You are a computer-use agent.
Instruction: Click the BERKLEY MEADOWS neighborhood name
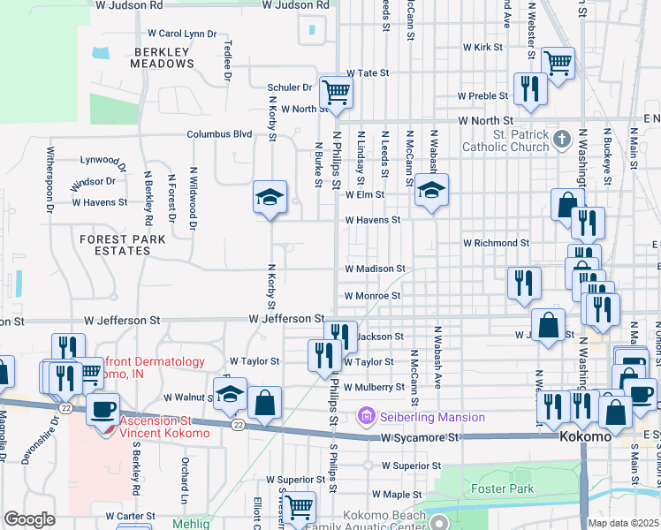tap(162, 57)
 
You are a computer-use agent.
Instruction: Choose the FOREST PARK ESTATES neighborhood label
tap(116, 245)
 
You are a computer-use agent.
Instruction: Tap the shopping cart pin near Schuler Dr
tap(336, 90)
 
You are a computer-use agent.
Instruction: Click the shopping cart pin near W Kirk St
tap(558, 63)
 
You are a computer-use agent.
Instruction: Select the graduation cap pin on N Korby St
tap(270, 196)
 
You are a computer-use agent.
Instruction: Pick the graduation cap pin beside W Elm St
tap(431, 191)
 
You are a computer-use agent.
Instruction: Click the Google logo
tap(29, 519)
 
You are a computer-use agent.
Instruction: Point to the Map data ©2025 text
tap(623, 523)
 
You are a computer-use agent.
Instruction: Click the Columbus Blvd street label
tap(219, 134)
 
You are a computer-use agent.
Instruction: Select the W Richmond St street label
tap(496, 243)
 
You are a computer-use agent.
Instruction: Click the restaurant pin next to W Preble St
tap(529, 88)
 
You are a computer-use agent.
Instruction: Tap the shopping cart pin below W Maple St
tap(300, 507)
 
